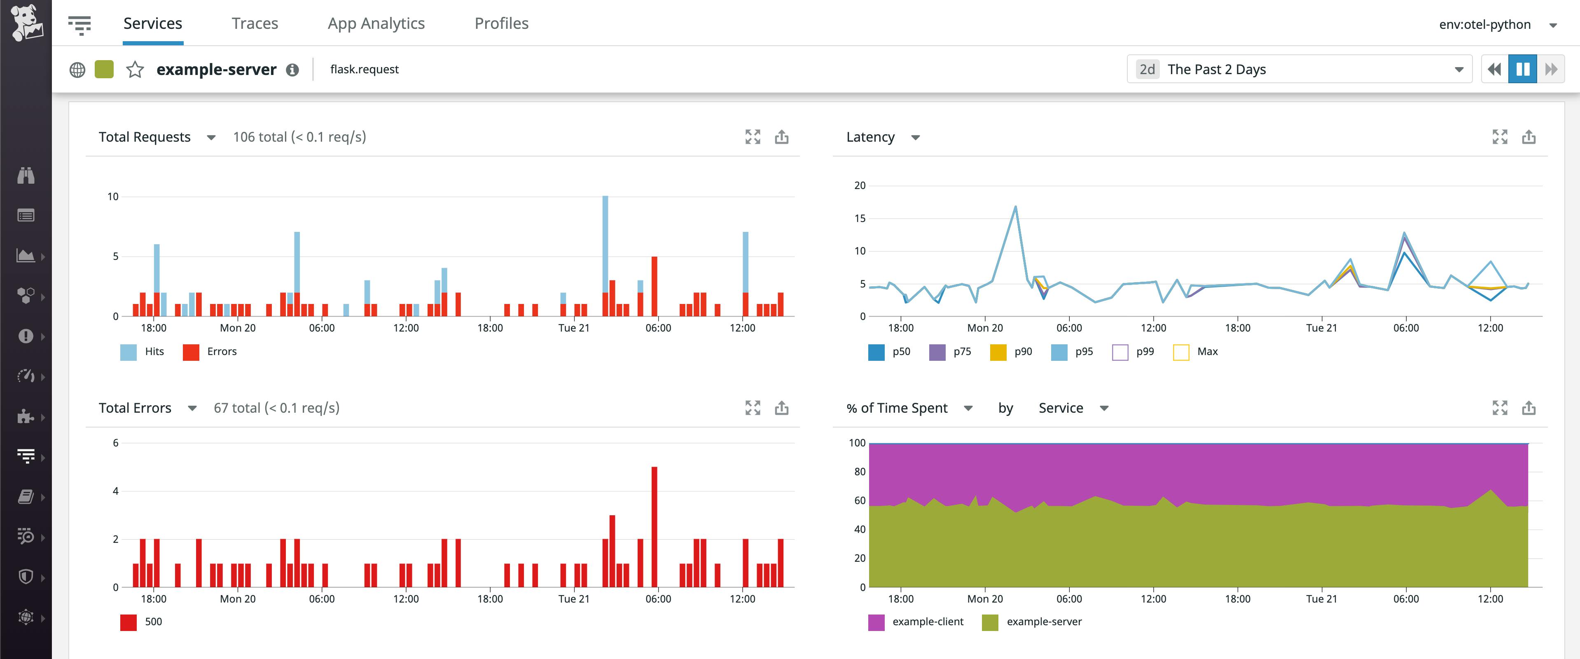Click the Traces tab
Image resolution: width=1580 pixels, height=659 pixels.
pos(255,23)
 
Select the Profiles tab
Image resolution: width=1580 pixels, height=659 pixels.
pos(501,23)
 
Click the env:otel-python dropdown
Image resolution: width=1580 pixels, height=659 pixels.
pos(1496,25)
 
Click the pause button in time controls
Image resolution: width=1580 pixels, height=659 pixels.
pos(1522,69)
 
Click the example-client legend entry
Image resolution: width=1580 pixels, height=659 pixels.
pos(916,622)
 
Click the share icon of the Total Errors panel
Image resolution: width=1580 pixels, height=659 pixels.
pos(781,408)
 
